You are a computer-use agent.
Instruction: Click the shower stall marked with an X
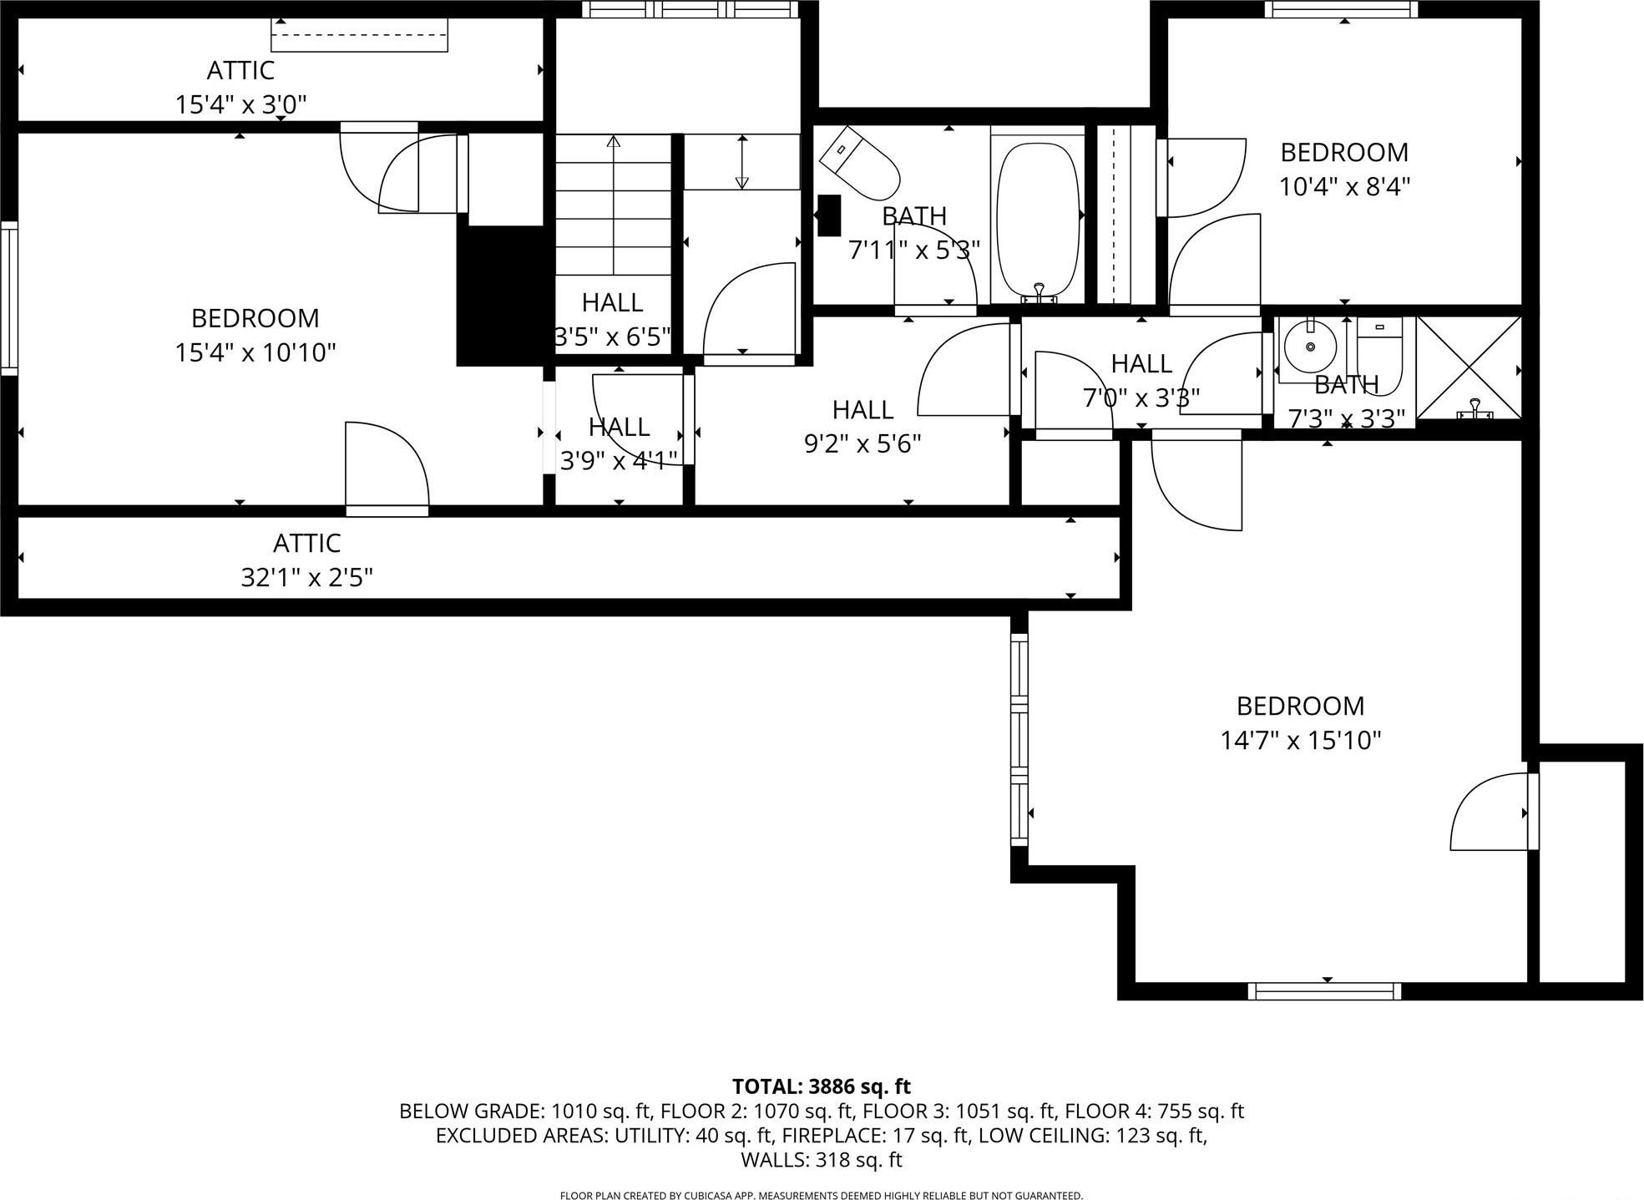click(x=1469, y=367)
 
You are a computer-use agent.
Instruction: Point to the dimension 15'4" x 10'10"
click(x=255, y=352)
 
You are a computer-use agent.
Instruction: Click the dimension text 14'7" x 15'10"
click(x=1300, y=741)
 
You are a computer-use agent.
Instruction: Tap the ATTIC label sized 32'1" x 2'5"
click(x=306, y=544)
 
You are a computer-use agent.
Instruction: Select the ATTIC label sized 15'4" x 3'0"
click(x=240, y=70)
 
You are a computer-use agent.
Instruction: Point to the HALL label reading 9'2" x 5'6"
click(x=862, y=410)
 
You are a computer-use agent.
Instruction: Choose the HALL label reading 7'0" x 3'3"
click(x=1141, y=364)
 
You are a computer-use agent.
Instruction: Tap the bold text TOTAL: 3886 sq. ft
click(x=821, y=1086)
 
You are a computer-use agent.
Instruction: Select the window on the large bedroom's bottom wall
click(x=1324, y=990)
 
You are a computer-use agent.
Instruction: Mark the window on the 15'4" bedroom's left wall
click(x=9, y=297)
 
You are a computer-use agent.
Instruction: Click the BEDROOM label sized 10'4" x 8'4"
click(x=1343, y=153)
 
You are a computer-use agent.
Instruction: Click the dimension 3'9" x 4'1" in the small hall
click(x=619, y=460)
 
